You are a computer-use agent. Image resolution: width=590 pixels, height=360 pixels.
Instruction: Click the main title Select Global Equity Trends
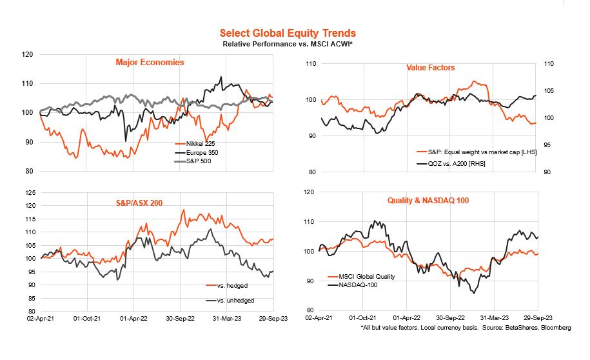pos(287,33)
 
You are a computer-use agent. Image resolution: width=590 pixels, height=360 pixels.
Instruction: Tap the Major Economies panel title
pos(150,63)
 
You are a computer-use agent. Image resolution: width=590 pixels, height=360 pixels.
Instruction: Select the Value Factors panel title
pos(430,67)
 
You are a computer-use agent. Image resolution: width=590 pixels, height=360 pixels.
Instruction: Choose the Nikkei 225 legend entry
pos(197,144)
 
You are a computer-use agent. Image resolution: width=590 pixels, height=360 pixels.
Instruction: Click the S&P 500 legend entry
pos(195,161)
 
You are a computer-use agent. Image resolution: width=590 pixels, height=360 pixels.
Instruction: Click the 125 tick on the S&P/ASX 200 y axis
pos(30,193)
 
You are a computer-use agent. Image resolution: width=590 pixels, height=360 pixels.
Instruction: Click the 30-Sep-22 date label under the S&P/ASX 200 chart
pos(181,318)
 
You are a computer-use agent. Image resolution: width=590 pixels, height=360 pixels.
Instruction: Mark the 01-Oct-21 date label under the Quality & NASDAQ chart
pos(364,318)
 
